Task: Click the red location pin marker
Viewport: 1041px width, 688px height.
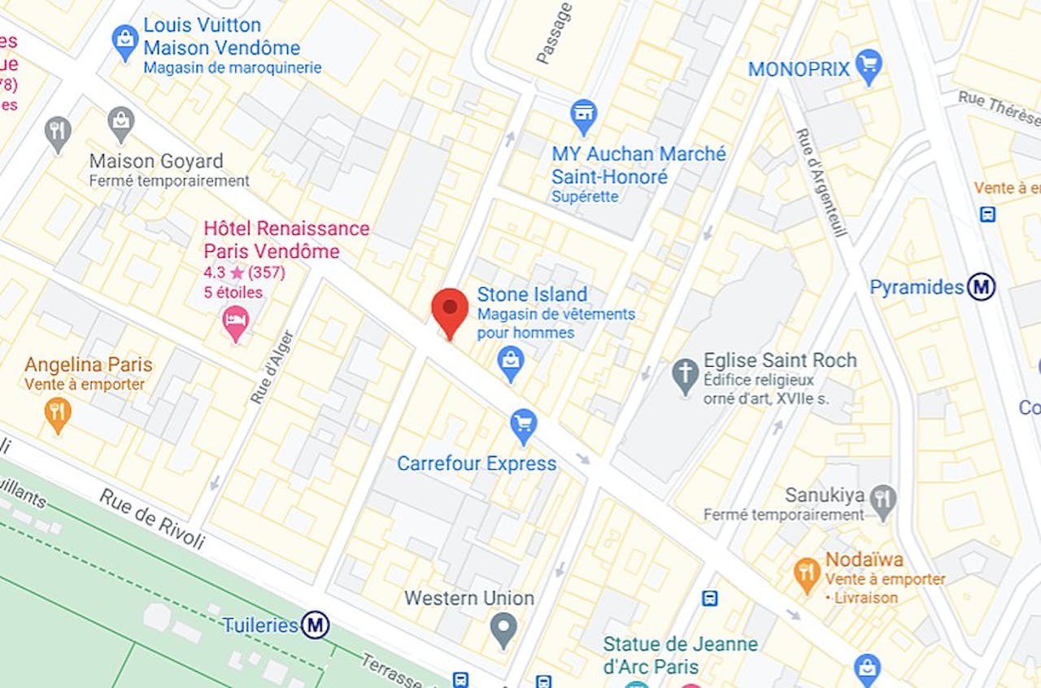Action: click(x=450, y=311)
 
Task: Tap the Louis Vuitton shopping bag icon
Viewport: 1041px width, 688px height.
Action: click(x=125, y=40)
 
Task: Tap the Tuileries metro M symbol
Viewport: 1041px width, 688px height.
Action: click(x=315, y=625)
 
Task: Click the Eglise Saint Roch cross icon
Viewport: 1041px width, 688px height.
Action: click(x=686, y=375)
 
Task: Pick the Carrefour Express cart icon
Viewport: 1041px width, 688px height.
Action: click(x=523, y=425)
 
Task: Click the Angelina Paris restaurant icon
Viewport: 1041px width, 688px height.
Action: click(x=57, y=413)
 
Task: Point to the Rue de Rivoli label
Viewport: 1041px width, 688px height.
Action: click(x=152, y=519)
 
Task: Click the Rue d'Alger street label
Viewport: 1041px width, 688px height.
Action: click(x=272, y=367)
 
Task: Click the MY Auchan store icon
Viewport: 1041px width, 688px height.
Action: click(x=583, y=115)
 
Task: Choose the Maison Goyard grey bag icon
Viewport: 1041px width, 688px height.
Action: click(x=121, y=122)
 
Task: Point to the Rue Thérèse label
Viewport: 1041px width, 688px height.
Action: click(x=999, y=107)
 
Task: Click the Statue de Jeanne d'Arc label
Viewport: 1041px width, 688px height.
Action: click(x=680, y=655)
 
